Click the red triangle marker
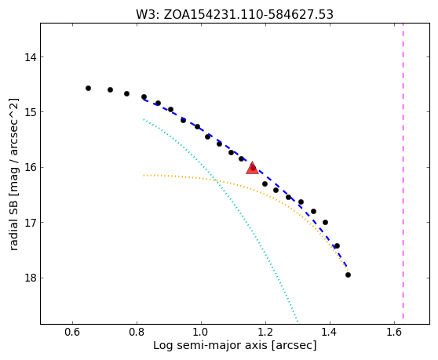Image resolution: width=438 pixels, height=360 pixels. tap(252, 168)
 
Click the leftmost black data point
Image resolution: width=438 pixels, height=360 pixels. tap(88, 88)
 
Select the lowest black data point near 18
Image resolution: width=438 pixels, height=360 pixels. tap(348, 275)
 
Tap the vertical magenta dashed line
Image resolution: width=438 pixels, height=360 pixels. tap(403, 171)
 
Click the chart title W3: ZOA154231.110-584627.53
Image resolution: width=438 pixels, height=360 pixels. tap(235, 15)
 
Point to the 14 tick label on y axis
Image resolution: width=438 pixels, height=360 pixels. tap(30, 57)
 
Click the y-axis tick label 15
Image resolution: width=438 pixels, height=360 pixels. tap(30, 112)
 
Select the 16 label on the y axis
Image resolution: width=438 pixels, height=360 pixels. tap(30, 167)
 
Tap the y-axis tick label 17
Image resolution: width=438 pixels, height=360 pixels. tap(30, 223)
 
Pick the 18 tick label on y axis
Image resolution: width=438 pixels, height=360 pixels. tap(30, 278)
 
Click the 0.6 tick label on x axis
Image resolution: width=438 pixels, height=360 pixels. tap(72, 332)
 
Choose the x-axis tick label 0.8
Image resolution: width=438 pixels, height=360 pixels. tap(137, 332)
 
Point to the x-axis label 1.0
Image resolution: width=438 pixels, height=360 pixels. tap(201, 332)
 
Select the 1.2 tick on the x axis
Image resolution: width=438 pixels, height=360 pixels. tap(265, 332)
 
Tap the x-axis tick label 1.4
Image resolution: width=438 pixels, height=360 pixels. tap(330, 332)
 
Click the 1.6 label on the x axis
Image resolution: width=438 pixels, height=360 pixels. tap(394, 332)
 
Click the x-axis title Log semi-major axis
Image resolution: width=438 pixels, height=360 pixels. tap(211, 346)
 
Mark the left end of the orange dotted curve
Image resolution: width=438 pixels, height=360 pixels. tap(144, 175)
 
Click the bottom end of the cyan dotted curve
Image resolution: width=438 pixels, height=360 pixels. tap(297, 321)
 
